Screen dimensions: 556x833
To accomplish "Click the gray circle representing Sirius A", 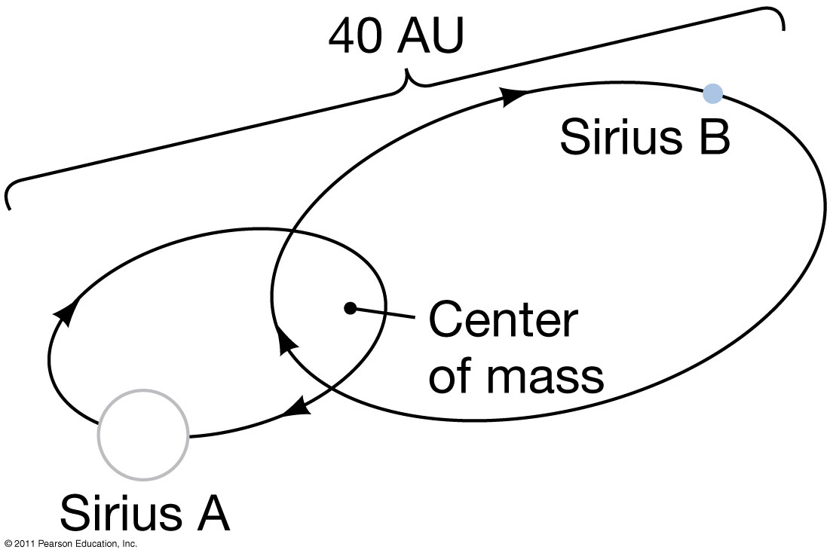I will [143, 435].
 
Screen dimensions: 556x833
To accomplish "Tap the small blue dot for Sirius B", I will [712, 93].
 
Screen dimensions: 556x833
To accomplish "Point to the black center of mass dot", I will [349, 307].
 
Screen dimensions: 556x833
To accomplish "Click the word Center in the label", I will [502, 319].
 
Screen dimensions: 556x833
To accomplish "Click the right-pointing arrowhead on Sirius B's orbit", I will [514, 94].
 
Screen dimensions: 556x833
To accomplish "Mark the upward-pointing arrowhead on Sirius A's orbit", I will [67, 313].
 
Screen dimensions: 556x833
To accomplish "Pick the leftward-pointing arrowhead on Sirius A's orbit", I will [298, 408].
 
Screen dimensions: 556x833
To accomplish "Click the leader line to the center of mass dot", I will [385, 313].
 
